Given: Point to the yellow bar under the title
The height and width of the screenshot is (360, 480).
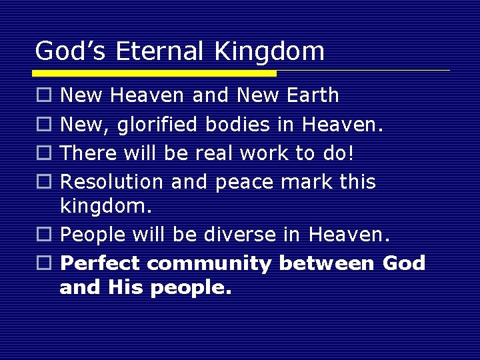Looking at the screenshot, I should (155, 73).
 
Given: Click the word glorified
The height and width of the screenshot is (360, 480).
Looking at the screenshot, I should (161, 125).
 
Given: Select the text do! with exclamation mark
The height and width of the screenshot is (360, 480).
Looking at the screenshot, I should (337, 153).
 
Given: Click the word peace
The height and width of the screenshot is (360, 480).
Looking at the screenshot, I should (243, 183).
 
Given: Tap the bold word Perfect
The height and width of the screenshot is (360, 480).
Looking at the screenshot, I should (100, 263).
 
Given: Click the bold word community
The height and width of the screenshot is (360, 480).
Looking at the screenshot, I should (209, 264).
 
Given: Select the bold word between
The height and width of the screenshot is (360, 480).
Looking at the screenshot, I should (327, 263).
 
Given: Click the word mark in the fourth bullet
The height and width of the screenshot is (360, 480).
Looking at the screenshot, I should (314, 181).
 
